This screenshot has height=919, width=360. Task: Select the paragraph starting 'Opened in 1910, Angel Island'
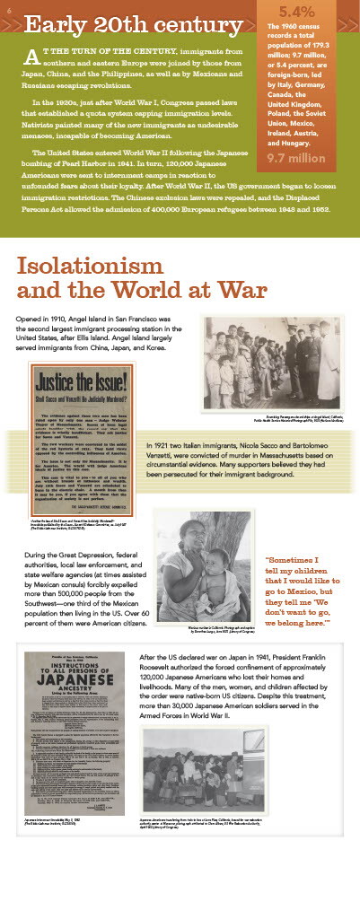pos(101,334)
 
